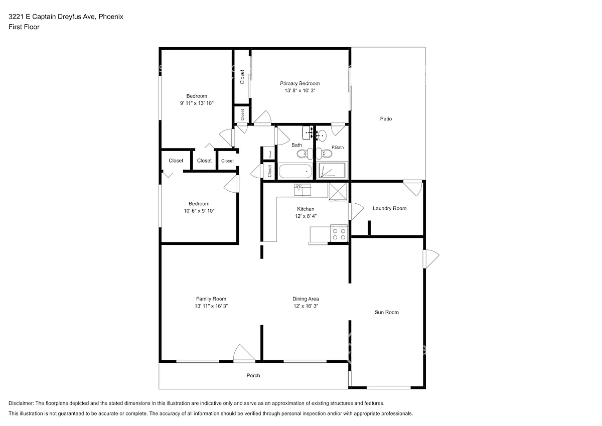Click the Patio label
click(386, 118)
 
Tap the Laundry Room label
click(389, 208)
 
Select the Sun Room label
click(386, 312)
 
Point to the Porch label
click(253, 375)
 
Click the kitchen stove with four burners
click(339, 233)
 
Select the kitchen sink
click(303, 190)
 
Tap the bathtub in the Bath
click(295, 171)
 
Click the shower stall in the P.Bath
click(332, 170)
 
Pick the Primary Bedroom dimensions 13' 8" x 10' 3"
click(300, 91)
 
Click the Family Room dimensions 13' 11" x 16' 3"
click(211, 306)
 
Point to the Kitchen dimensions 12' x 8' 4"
click(306, 216)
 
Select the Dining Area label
click(306, 299)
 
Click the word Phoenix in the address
click(111, 17)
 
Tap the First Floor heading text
click(24, 27)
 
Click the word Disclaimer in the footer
click(21, 403)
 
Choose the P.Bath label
click(338, 148)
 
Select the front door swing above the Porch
click(243, 353)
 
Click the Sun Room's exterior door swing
click(431, 259)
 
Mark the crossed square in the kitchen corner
click(338, 192)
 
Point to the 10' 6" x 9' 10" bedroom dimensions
click(199, 211)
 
